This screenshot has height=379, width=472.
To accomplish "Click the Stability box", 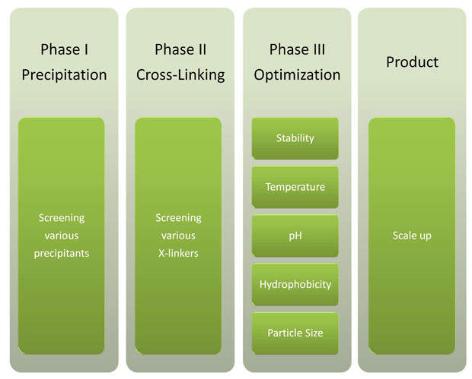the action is (x=295, y=138).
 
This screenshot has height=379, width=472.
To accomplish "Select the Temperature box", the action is (x=295, y=187).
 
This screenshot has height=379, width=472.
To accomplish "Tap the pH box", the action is (x=295, y=235).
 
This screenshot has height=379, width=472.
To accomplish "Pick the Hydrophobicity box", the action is (x=295, y=284).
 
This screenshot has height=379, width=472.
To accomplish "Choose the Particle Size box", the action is (x=295, y=333).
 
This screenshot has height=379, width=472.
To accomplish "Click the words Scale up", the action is (x=412, y=236).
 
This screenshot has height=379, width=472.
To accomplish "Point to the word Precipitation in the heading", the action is (x=64, y=75).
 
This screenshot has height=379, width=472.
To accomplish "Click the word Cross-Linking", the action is (x=180, y=75).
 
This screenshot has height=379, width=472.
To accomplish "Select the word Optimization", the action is (x=297, y=75).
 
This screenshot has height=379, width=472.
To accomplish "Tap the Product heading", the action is (x=412, y=62).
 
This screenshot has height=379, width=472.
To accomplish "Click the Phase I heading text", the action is (x=65, y=49).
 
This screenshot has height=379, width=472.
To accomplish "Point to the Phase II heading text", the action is (x=180, y=49).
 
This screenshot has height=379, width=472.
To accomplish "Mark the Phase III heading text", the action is (x=297, y=49).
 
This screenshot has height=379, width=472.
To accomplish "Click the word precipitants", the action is (x=62, y=254).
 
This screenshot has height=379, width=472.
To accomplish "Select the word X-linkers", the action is (x=178, y=254).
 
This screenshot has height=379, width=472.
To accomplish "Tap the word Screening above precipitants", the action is (x=62, y=218).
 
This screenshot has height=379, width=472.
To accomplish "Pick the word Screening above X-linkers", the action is (x=178, y=218).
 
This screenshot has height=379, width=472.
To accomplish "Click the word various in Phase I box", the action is (x=62, y=235).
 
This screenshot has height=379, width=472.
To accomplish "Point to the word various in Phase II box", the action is (x=178, y=235).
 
